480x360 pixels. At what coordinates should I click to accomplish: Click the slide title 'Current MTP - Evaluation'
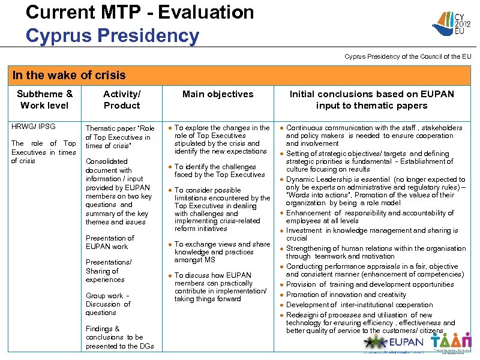tap(140, 12)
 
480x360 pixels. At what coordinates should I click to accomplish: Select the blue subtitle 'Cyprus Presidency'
tap(112, 35)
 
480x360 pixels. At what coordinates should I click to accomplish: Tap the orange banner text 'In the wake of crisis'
tap(70, 75)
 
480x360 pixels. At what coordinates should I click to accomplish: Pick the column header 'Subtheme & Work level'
tap(45, 100)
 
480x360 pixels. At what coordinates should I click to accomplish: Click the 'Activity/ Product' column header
tap(122, 100)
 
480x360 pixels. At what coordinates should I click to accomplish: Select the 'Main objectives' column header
tap(218, 94)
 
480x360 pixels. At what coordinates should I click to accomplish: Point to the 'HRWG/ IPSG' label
tap(34, 127)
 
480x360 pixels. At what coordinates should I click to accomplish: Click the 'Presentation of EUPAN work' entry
tap(110, 242)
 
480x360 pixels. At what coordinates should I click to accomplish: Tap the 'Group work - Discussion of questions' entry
tap(108, 304)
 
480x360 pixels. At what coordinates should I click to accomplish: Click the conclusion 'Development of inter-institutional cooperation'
tap(359, 305)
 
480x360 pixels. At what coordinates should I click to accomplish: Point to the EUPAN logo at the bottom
tap(393, 343)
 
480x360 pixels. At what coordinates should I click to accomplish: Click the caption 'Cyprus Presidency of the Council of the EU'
tap(407, 56)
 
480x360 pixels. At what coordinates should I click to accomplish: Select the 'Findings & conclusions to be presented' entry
tap(119, 337)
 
